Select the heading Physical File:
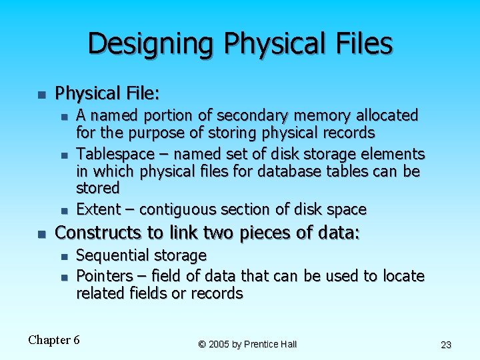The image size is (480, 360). point(107,92)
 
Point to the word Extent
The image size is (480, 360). point(97,209)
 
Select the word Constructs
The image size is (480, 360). point(97,233)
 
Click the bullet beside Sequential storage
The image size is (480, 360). point(64,257)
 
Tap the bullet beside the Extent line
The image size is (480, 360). point(64,211)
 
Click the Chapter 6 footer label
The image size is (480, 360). point(54,340)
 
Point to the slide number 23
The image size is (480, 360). point(446,345)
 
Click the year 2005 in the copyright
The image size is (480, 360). point(219,344)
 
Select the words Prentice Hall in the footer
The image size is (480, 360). point(271,344)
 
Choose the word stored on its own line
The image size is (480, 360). point(98,187)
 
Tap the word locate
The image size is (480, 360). point(403,275)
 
